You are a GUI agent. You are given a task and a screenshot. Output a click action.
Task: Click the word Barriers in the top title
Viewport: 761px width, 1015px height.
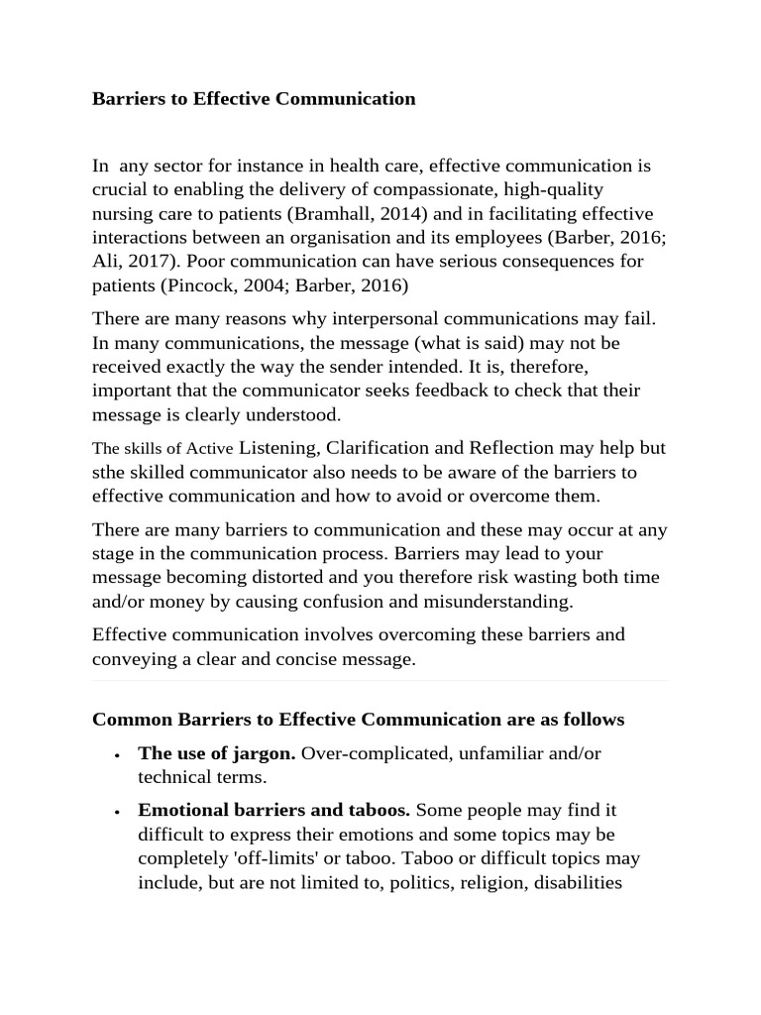pyautogui.click(x=126, y=99)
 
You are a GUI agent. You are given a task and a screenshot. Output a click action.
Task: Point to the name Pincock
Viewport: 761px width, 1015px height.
pyautogui.click(x=203, y=285)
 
